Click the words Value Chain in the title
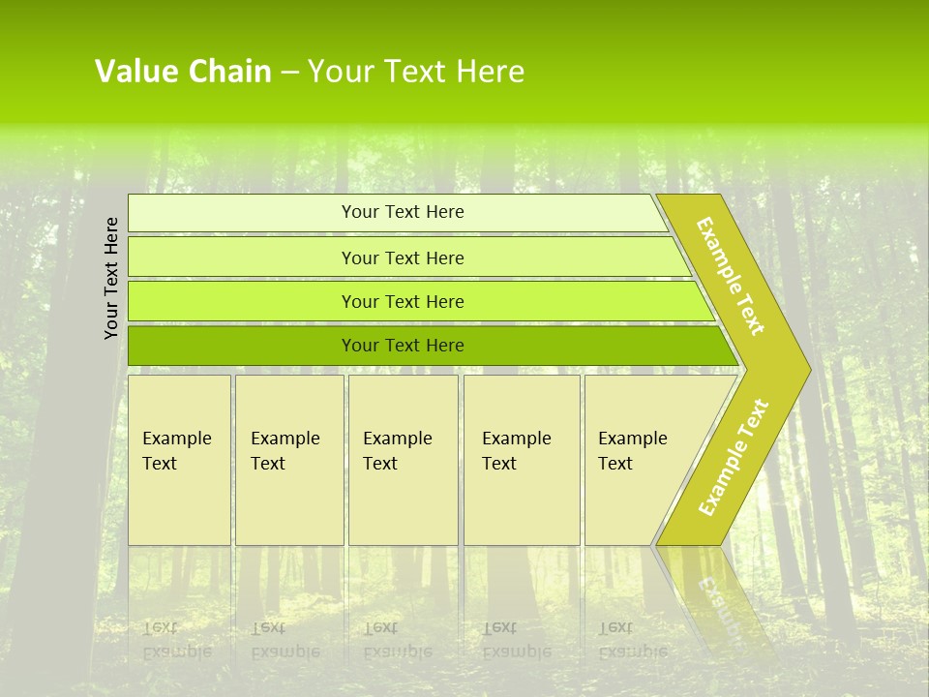[x=183, y=72]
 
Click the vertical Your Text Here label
[x=112, y=278]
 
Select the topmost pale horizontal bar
[x=242, y=213]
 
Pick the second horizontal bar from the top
[x=242, y=258]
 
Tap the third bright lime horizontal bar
[x=242, y=301]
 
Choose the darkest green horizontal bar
[x=242, y=346]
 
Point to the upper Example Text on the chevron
[x=731, y=276]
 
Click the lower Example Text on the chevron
[x=734, y=457]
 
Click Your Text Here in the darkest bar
[x=403, y=346]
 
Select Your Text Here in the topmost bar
[x=403, y=212]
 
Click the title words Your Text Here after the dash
[x=416, y=72]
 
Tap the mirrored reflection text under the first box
[x=176, y=639]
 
